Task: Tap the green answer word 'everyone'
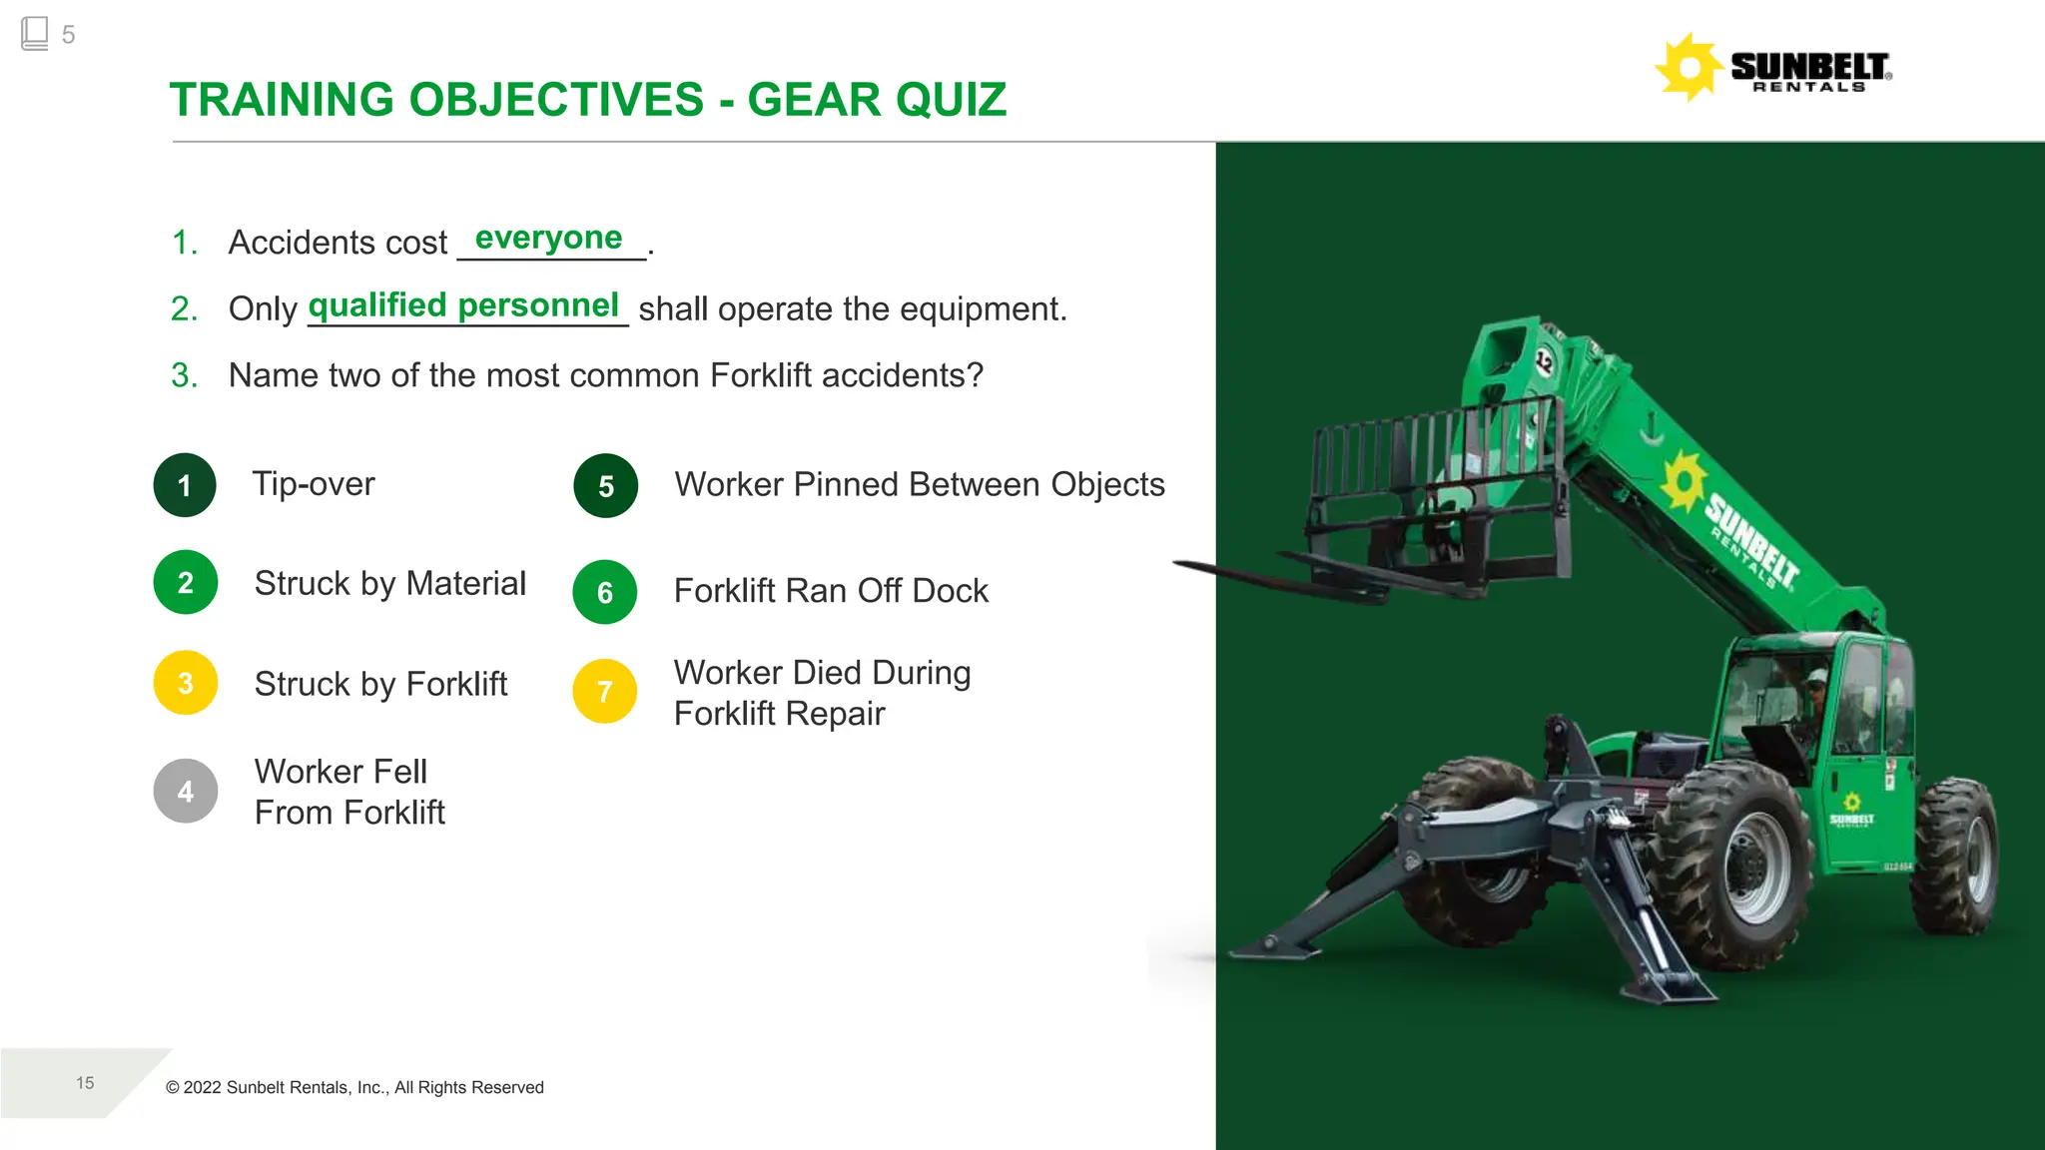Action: [548, 238]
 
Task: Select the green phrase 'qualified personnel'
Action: [463, 305]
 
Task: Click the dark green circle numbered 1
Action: [185, 485]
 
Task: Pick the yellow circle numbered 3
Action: [185, 683]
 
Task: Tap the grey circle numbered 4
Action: [185, 791]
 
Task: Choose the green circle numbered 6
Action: [604, 592]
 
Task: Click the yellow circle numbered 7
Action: [604, 691]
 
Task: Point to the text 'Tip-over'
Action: [313, 484]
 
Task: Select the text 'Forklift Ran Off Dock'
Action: [831, 591]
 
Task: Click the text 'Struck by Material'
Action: [389, 583]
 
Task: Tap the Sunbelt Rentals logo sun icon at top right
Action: [1688, 67]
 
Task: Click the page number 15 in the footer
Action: [85, 1083]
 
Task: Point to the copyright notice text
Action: [354, 1087]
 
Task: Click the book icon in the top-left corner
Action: [34, 33]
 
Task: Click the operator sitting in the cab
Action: [1814, 699]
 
